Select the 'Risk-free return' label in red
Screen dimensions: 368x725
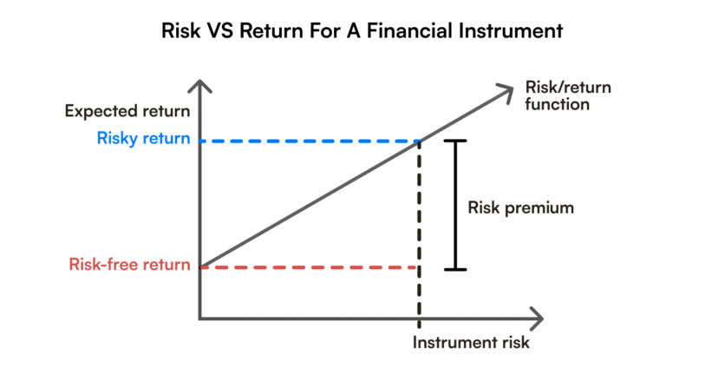(129, 265)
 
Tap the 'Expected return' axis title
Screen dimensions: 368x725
(127, 111)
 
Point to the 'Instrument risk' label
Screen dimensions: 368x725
(470, 342)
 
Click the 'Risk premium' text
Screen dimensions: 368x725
(520, 208)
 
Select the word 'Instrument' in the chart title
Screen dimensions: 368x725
(504, 32)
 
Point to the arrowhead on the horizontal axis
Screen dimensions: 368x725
(538, 317)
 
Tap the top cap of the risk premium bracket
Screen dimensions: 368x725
(455, 141)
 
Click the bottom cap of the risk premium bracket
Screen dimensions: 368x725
(455, 268)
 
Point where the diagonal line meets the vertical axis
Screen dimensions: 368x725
(201, 266)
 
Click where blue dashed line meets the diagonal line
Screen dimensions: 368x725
(421, 141)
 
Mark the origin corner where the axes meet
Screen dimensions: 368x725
(201, 317)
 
